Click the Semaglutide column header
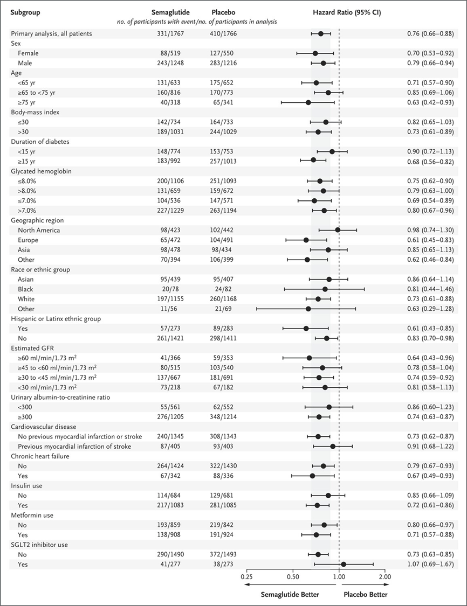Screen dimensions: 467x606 170,12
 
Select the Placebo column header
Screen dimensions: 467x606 223,12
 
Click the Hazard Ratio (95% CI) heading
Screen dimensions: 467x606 347,12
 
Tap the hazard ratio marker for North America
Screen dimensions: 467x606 338,230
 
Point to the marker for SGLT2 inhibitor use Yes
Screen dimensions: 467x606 343,565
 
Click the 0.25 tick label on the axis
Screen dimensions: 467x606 247,576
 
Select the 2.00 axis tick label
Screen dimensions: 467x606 384,576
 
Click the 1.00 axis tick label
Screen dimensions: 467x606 339,576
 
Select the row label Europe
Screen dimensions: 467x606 28,240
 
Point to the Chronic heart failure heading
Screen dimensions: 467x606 40,456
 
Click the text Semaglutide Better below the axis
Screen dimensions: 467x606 290,594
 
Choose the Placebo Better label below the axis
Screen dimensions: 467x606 366,594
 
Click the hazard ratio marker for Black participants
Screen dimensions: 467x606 325,289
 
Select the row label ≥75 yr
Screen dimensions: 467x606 26,102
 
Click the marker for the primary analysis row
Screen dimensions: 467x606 321,33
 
